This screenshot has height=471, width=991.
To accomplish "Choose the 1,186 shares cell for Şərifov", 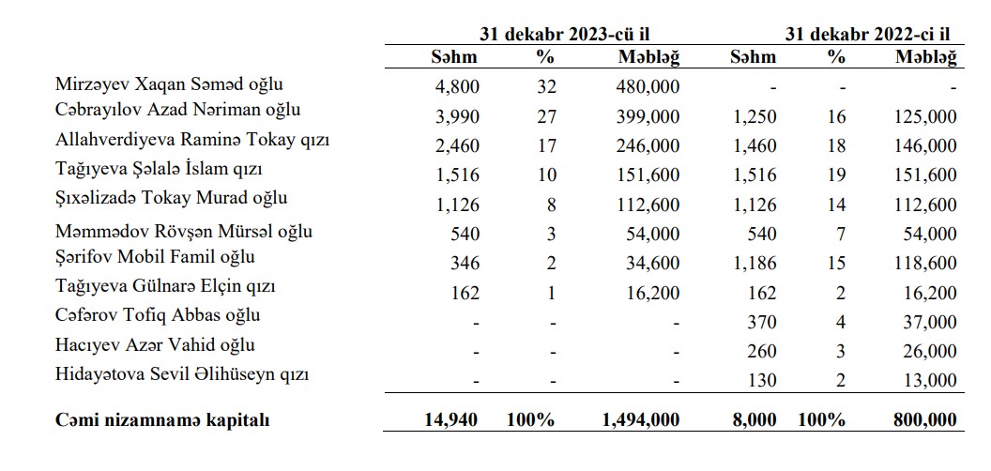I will tap(754, 263).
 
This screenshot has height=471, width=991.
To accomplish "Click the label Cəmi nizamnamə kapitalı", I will tap(162, 420).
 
